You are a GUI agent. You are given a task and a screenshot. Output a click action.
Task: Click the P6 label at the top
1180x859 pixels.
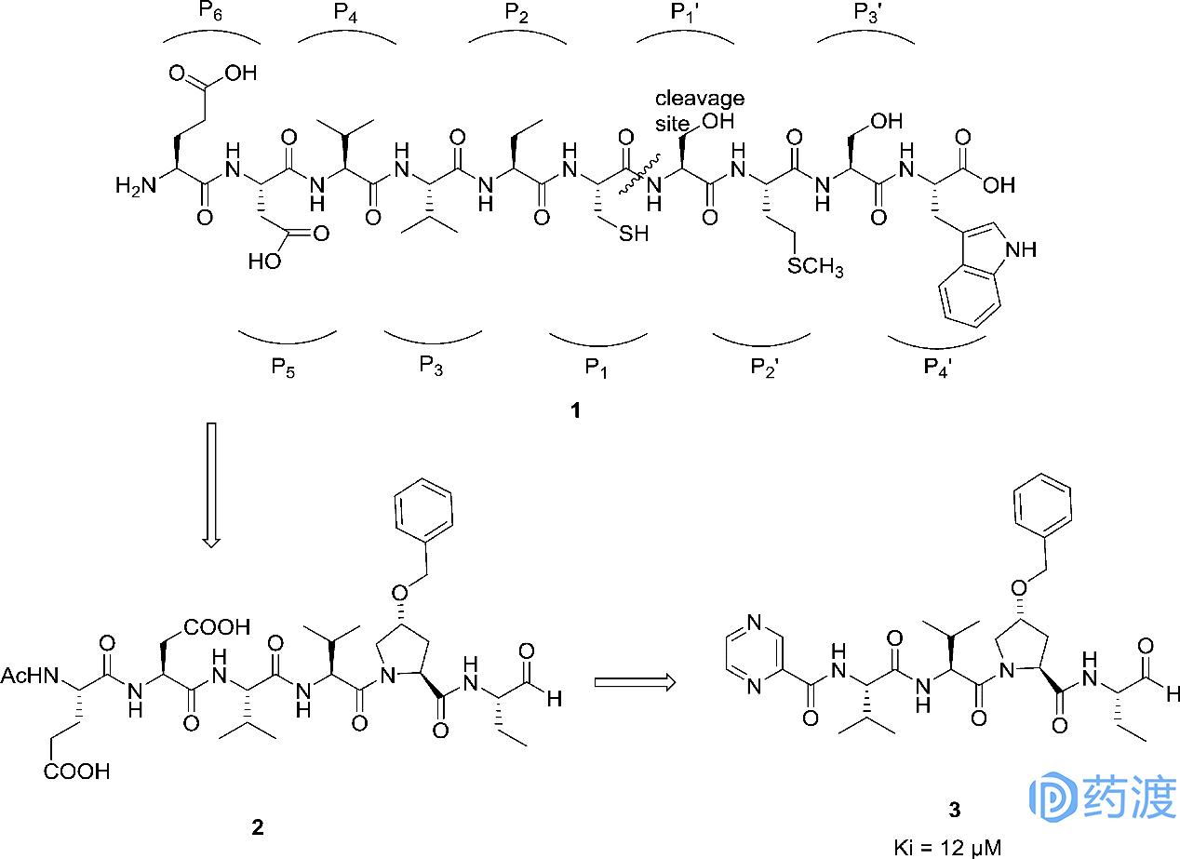coord(210,11)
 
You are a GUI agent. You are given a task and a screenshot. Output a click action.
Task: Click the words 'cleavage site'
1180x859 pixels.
coord(698,108)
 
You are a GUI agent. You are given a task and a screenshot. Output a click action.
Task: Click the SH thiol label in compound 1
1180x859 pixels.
coord(636,235)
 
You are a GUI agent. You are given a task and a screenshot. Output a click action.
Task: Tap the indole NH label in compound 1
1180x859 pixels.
coord(1021,248)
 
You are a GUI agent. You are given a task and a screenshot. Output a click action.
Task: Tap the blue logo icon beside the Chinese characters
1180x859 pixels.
coord(1053,799)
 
